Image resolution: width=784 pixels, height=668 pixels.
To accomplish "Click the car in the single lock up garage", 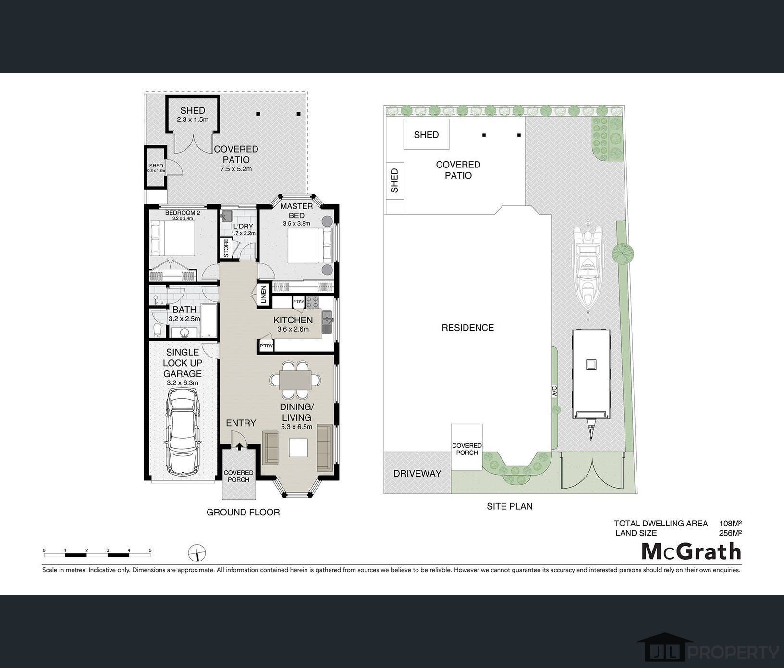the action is pyautogui.click(x=183, y=431).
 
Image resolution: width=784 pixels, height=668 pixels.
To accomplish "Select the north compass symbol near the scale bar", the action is pyautogui.click(x=197, y=552).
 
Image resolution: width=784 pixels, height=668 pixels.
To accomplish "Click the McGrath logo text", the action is pyautogui.click(x=691, y=551).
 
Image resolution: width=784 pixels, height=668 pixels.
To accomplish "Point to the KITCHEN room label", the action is pyautogui.click(x=293, y=320).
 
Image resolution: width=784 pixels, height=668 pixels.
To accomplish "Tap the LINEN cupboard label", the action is pyautogui.click(x=263, y=295).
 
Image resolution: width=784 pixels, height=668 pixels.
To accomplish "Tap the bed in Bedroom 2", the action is pyautogui.click(x=172, y=239).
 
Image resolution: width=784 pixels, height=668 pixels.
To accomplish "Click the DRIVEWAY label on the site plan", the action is pyautogui.click(x=417, y=474).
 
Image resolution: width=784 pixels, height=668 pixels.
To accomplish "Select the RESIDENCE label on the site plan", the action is pyautogui.click(x=467, y=328).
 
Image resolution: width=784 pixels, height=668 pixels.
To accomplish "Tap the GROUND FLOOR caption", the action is pyautogui.click(x=243, y=512).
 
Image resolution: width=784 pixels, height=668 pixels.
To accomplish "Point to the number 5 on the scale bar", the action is pyautogui.click(x=150, y=550).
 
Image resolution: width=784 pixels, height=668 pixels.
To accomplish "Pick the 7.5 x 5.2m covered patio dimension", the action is pyautogui.click(x=236, y=169).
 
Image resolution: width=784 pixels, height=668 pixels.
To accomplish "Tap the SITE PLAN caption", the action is pyautogui.click(x=510, y=506).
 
